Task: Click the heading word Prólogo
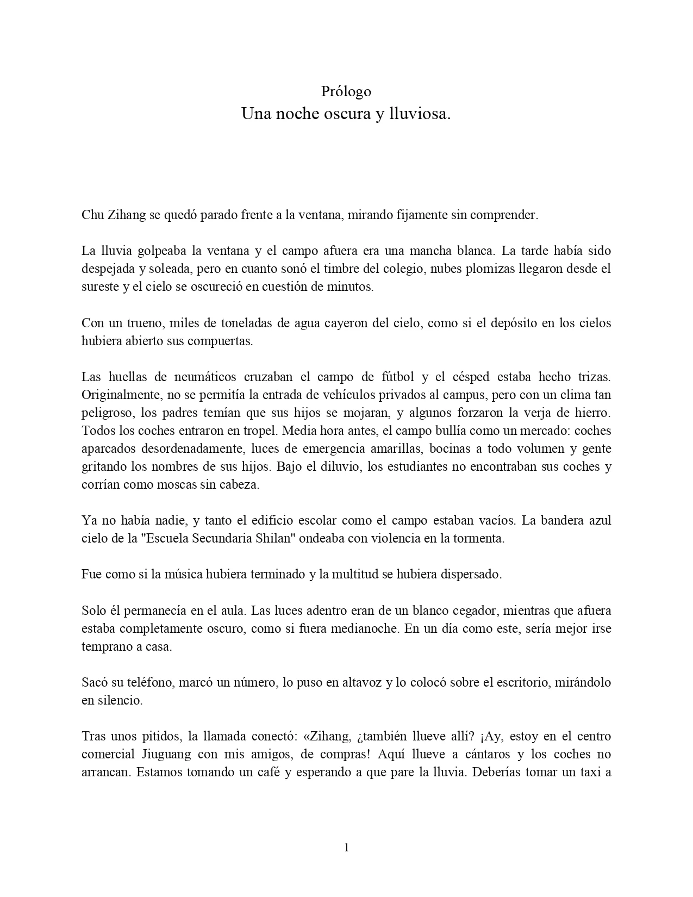[346, 91]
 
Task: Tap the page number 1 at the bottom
[346, 848]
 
